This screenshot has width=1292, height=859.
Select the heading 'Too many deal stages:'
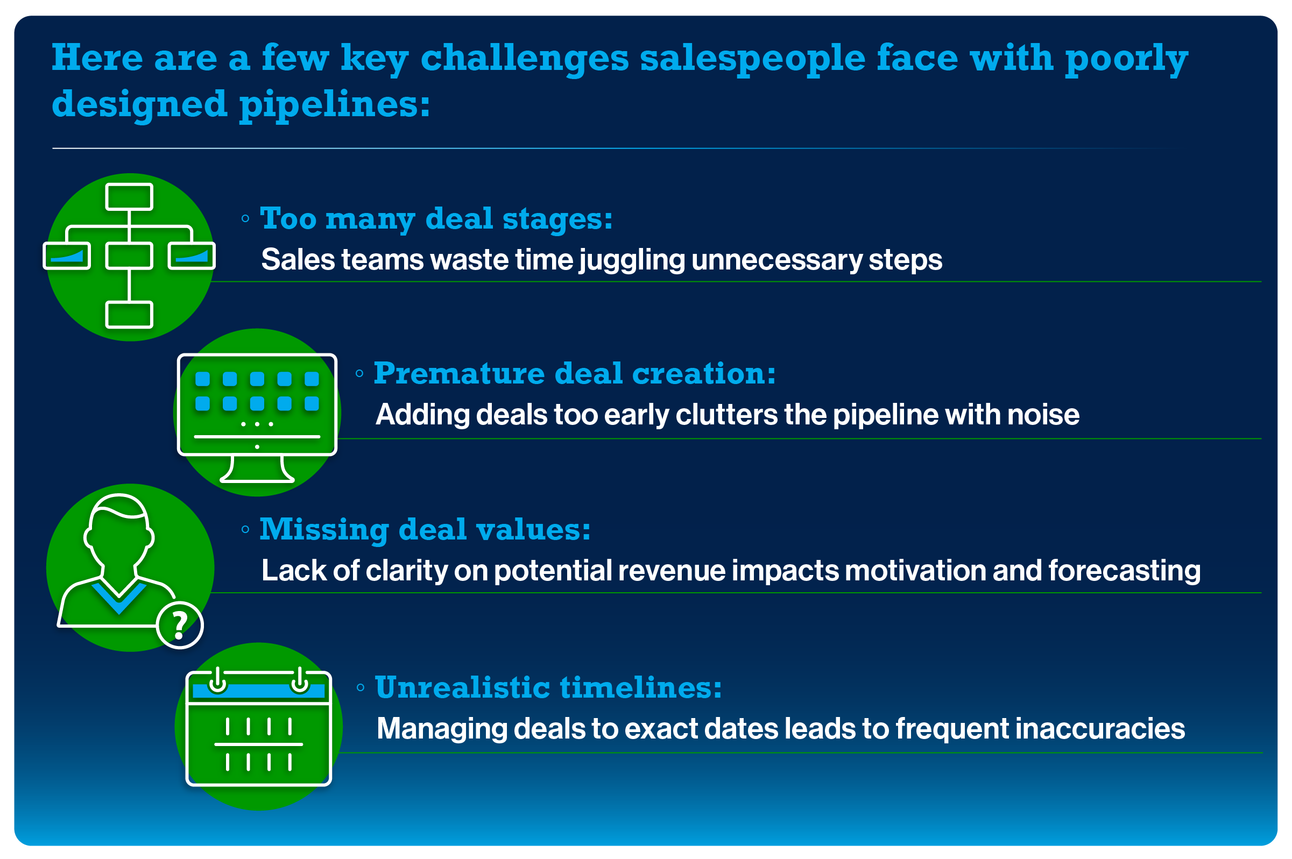click(436, 218)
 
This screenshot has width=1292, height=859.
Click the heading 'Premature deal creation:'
click(574, 374)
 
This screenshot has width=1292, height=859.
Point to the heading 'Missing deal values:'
click(425, 530)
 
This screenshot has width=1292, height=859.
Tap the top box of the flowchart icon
click(129, 197)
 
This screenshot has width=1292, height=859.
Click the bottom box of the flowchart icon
click(129, 315)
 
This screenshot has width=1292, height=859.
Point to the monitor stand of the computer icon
click(257, 470)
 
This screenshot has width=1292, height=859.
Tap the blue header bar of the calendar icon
click(259, 690)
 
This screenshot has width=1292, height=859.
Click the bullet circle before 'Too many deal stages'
click(245, 218)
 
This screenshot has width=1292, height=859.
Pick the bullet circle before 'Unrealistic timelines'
click(360, 687)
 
